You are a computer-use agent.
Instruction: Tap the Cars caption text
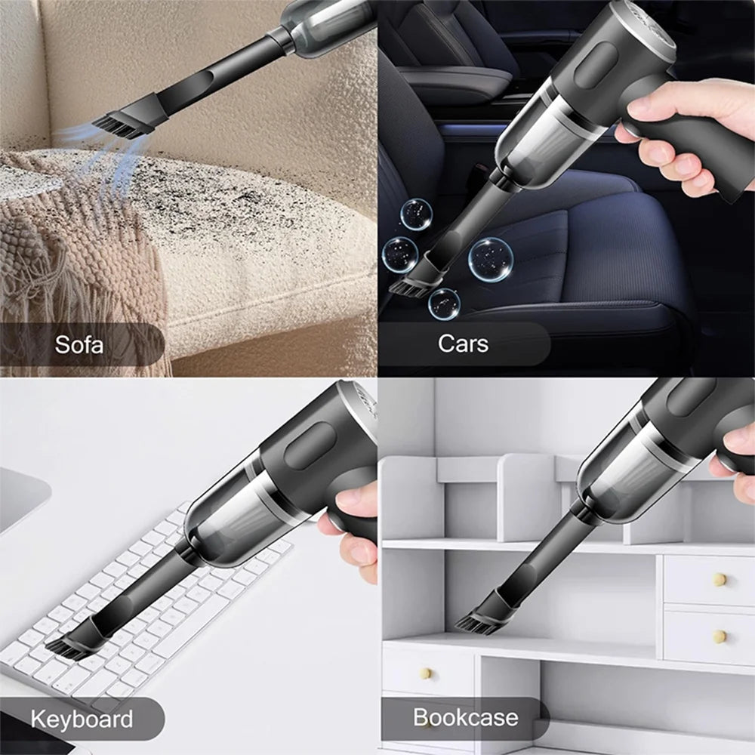(463, 344)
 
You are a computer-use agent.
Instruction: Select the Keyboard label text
(82, 718)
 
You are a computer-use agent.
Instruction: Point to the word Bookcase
(465, 716)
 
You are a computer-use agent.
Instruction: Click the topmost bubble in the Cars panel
(416, 214)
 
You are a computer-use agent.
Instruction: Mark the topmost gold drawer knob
(719, 579)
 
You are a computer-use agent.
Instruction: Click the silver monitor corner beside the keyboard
(23, 498)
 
